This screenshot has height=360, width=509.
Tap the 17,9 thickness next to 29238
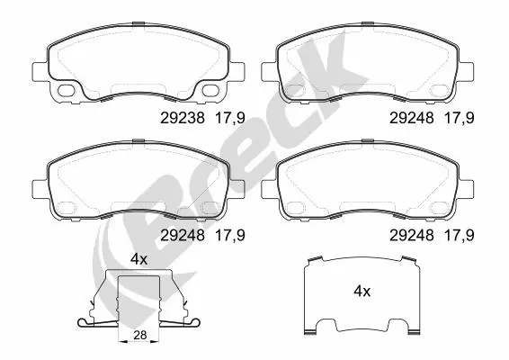coord(232,116)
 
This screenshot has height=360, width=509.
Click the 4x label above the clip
coord(138,258)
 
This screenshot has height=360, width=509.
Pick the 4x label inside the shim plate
coord(362,292)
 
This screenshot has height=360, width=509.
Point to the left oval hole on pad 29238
coord(67,91)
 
